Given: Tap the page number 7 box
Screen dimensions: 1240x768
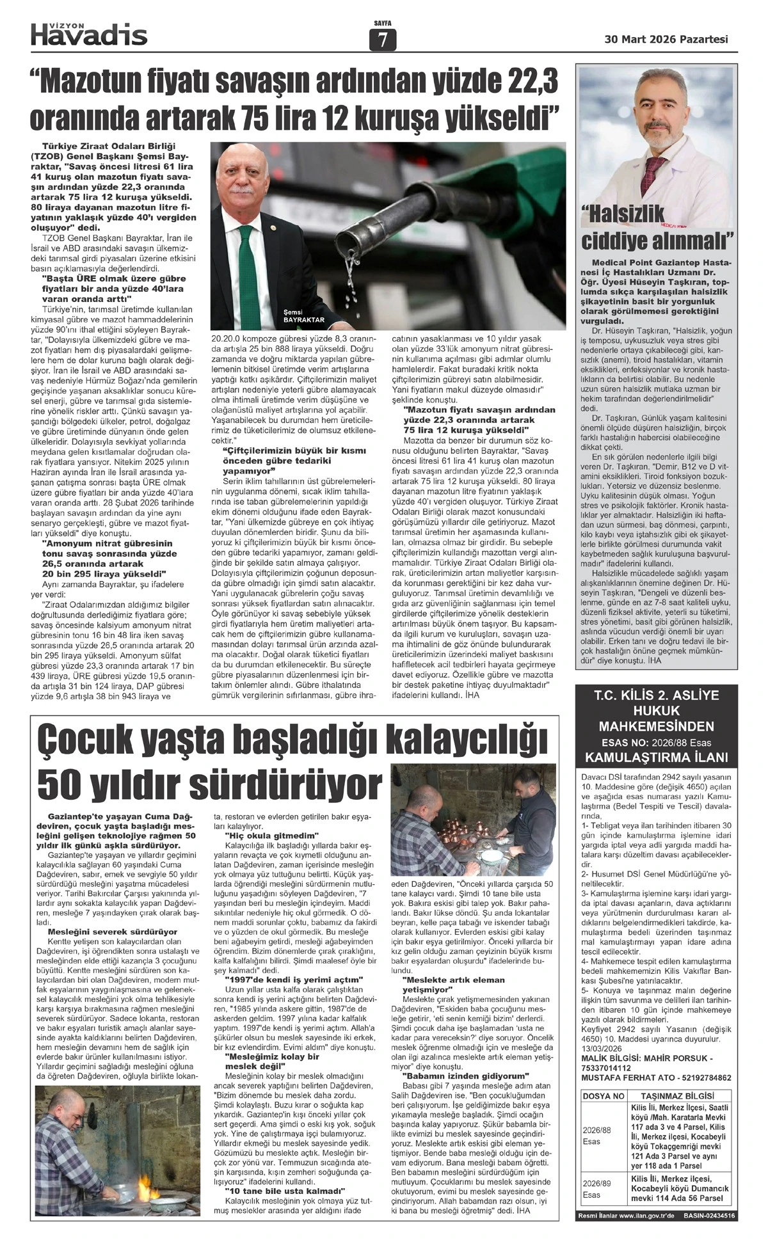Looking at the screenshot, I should (x=383, y=40).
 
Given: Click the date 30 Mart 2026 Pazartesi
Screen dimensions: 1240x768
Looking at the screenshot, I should (x=666, y=39).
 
